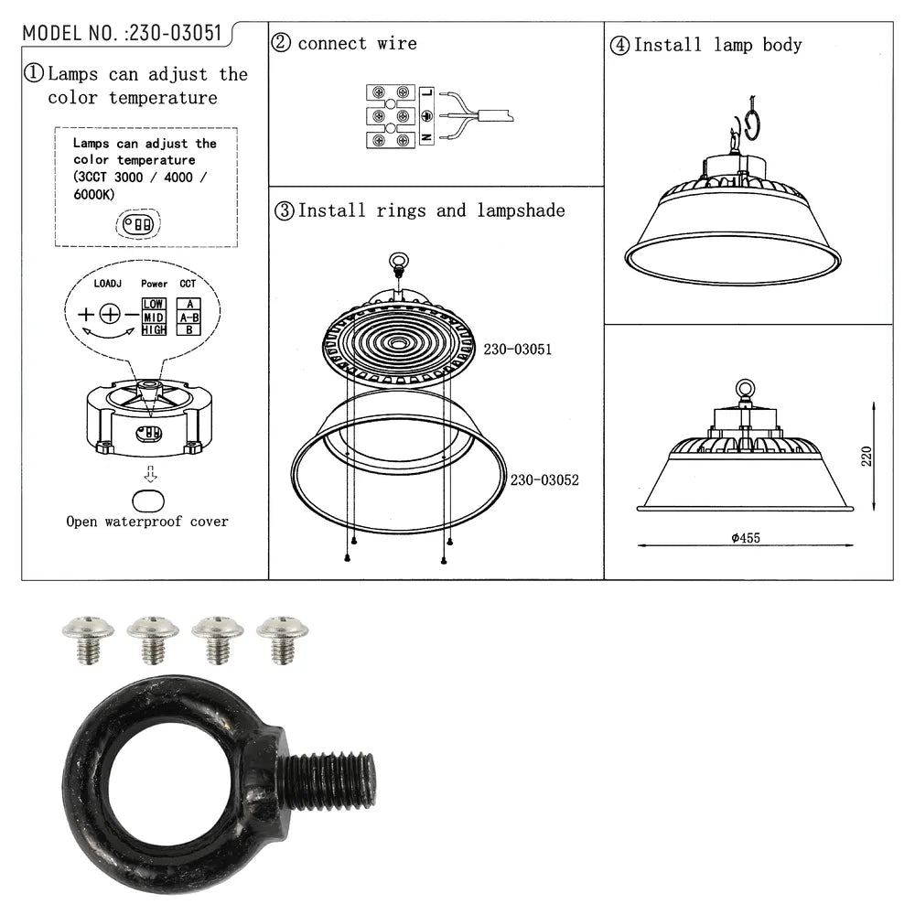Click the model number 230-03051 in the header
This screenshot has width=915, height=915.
pos(174,33)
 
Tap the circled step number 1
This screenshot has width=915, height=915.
pos(34,74)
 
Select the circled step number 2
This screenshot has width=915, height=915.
pos(282,42)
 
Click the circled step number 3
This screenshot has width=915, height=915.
pos(284,210)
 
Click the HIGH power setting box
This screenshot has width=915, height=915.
pos(154,329)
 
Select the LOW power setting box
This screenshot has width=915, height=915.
pos(154,304)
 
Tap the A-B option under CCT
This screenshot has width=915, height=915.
pos(188,317)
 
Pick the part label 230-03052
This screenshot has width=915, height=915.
pos(544,479)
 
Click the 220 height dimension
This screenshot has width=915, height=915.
pos(867,456)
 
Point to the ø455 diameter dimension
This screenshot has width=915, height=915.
pos(746,538)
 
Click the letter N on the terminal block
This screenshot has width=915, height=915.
pos(426,138)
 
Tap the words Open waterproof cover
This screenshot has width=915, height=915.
pos(147,522)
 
